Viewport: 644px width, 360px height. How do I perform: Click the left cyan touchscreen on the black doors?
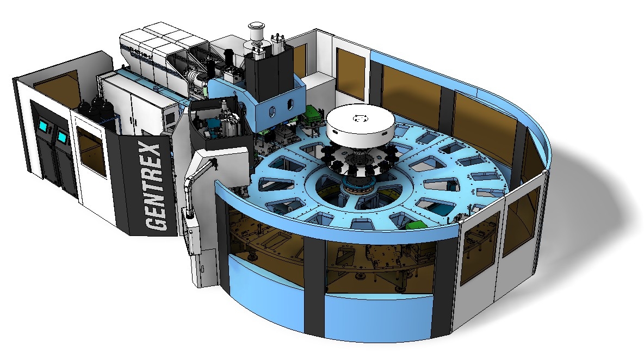43,126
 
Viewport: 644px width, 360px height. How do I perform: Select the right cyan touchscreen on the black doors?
63,136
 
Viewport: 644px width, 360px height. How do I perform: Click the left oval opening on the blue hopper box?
272,111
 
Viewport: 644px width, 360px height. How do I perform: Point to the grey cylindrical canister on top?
255,33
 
